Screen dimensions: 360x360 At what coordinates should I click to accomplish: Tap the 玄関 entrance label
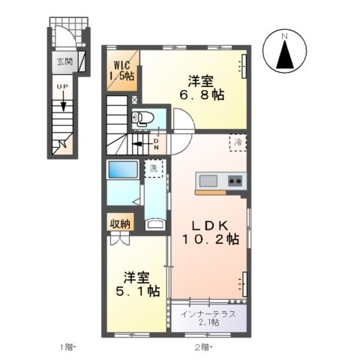(64, 62)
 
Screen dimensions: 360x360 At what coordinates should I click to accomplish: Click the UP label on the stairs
(63, 87)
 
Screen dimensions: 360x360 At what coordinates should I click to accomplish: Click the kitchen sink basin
(208, 181)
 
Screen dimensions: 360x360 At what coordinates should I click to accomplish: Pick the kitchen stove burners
(235, 181)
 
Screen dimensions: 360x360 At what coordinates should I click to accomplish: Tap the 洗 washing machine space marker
(153, 168)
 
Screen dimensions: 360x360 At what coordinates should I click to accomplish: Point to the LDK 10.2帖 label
(208, 232)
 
